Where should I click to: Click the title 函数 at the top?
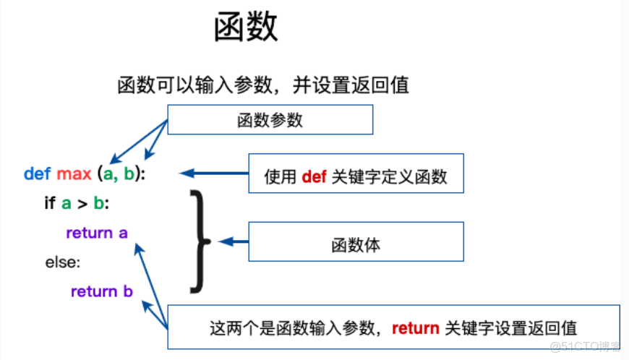(x=246, y=28)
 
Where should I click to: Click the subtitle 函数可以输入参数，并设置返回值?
(x=263, y=85)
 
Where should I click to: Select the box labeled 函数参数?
(x=270, y=120)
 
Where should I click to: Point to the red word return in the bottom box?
(x=415, y=328)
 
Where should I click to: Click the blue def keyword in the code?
(x=38, y=174)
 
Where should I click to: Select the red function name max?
(x=74, y=174)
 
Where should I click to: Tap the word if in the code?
(x=50, y=204)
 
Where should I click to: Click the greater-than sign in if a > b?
(x=82, y=204)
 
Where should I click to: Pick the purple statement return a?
(x=97, y=233)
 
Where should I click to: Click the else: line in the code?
(x=63, y=262)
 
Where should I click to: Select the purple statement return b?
(x=102, y=291)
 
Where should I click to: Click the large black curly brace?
(x=199, y=241)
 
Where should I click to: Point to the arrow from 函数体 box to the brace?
(x=233, y=241)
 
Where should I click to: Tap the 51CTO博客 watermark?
(x=585, y=346)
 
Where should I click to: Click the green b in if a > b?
(x=98, y=204)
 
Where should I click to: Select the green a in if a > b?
(x=66, y=204)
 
